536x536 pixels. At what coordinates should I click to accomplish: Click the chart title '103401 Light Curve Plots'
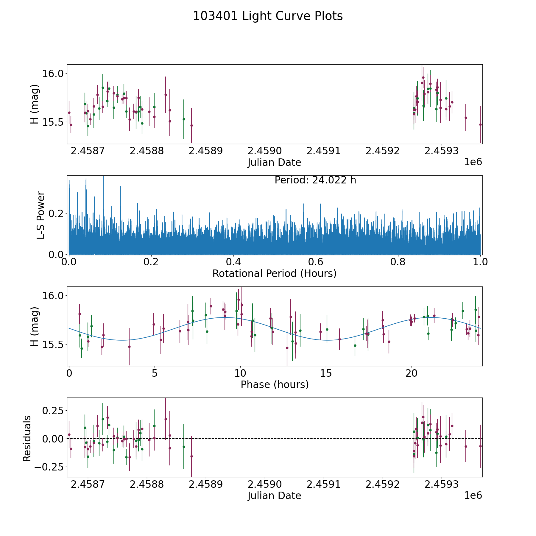[268, 16]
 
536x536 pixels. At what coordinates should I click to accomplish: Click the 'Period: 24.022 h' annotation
[315, 180]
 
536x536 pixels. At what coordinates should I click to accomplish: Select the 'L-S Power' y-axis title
[41, 215]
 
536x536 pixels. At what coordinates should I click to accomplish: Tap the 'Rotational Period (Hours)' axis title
[274, 273]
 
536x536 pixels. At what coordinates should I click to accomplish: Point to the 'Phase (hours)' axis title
[275, 385]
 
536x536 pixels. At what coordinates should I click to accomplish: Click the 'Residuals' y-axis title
[27, 438]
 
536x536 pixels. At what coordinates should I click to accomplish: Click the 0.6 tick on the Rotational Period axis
[316, 262]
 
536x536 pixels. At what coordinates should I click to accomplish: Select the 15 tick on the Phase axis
[326, 373]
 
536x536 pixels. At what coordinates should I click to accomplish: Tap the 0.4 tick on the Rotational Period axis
[233, 262]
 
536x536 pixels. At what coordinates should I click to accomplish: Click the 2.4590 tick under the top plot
[265, 151]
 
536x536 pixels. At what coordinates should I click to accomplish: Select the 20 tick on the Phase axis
[412, 373]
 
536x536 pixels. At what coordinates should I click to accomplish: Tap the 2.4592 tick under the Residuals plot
[382, 484]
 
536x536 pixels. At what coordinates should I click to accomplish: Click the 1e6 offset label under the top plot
[473, 162]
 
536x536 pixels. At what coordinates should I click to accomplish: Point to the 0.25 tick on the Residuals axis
[53, 411]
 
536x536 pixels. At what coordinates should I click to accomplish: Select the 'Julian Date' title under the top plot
[274, 163]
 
